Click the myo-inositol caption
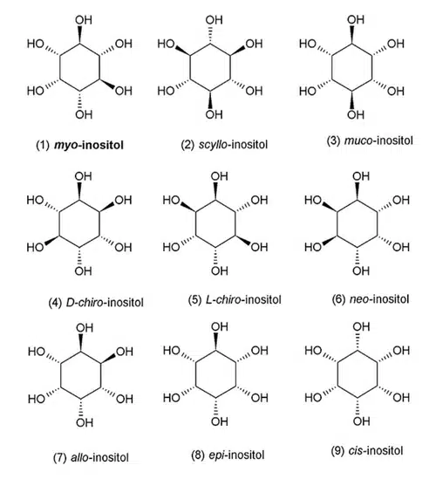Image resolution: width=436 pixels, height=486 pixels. tap(80, 145)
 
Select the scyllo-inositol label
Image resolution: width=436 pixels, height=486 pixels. tap(224, 145)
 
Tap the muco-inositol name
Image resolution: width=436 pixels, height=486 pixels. tap(370, 140)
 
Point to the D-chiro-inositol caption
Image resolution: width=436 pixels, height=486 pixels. tap(96, 302)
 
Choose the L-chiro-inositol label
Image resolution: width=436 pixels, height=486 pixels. tap(235, 300)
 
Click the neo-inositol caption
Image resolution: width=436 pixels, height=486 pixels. tap(371, 299)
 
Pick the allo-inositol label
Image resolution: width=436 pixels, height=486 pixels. tap(91, 457)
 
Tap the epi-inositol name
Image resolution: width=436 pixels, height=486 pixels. tap(228, 455)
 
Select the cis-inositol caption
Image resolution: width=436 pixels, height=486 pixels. tap(367, 450)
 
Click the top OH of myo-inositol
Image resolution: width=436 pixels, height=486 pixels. tap(84, 20)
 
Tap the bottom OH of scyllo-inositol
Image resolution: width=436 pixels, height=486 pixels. tap(214, 114)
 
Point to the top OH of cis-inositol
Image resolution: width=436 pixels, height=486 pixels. tap(361, 326)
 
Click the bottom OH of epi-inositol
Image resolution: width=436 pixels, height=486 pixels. tap(220, 421)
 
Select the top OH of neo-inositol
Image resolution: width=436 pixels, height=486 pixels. tap(361, 176)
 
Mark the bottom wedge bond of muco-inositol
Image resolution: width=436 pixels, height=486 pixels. tap(351, 99)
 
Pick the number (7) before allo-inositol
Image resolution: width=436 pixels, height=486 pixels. tap(60, 457)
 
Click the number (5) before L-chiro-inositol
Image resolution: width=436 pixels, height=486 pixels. tap(194, 300)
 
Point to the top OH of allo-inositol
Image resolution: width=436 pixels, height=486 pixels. tap(85, 328)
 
